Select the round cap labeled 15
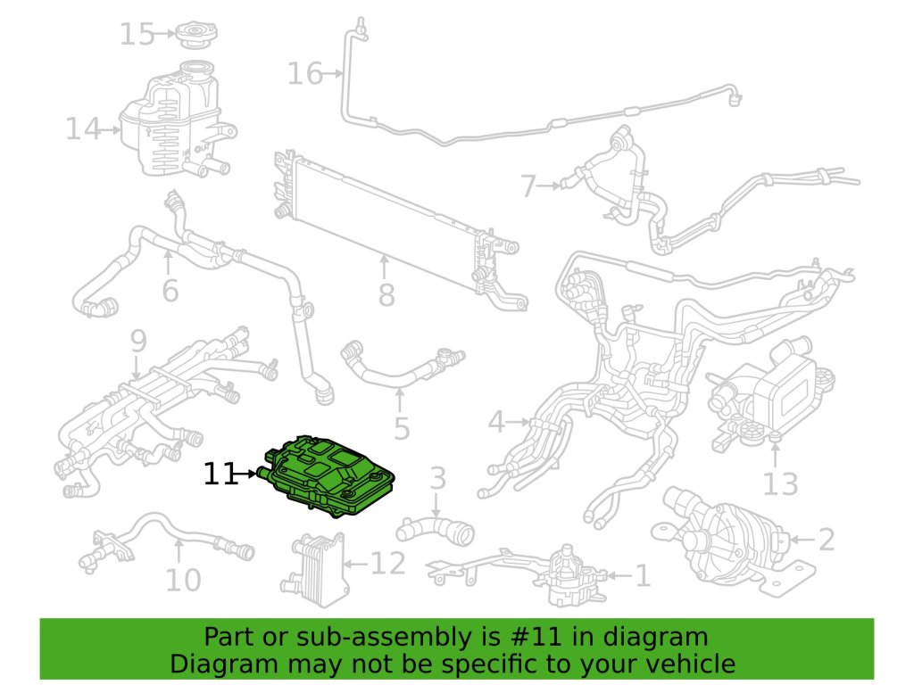[x=193, y=37]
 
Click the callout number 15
[x=137, y=35]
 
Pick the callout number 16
[x=304, y=73]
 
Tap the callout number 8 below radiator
[x=386, y=294]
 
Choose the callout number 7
[x=529, y=186]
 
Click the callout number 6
[x=170, y=291]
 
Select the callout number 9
[x=137, y=341]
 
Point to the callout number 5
[x=401, y=429]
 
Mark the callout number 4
[x=496, y=421]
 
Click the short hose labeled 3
[x=442, y=530]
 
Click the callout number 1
[x=642, y=576]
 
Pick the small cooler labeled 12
[x=313, y=561]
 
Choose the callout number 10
[x=183, y=582]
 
